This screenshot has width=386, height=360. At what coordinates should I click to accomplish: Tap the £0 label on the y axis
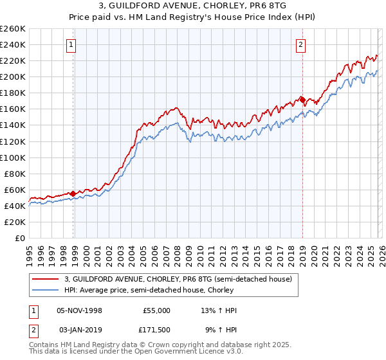pyautogui.click(x=21, y=238)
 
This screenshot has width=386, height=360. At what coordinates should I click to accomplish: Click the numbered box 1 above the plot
pyautogui.click(x=70, y=45)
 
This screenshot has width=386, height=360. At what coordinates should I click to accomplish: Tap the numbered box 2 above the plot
pyautogui.click(x=300, y=45)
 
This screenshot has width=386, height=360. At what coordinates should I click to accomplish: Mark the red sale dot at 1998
pyautogui.click(x=73, y=193)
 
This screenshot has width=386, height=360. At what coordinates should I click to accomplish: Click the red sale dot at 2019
pyautogui.click(x=302, y=100)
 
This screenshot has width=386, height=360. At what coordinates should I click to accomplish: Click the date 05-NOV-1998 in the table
pyautogui.click(x=79, y=310)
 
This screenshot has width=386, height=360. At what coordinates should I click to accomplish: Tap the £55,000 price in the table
pyautogui.click(x=156, y=310)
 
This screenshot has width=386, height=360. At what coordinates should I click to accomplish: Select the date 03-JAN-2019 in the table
pyautogui.click(x=78, y=328)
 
